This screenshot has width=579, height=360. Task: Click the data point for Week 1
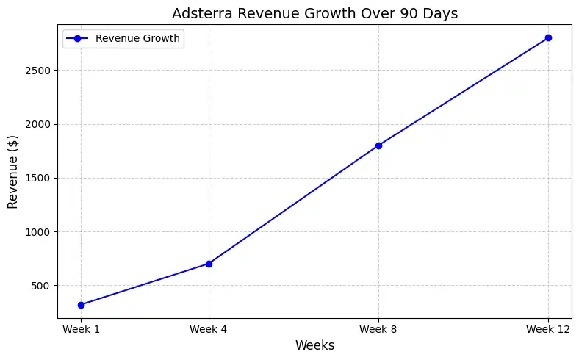[x=81, y=305]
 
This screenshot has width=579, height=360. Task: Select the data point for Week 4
[x=209, y=264]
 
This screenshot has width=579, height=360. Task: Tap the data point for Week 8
[x=378, y=145]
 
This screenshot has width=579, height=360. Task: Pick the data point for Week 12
[x=548, y=37]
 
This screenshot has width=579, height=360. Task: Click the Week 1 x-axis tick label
[x=81, y=329]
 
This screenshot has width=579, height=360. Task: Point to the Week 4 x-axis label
[x=209, y=329]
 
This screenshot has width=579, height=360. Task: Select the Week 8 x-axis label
[x=378, y=329]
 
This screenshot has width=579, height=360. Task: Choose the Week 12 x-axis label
[x=548, y=329]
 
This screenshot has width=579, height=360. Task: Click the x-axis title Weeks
[x=314, y=345]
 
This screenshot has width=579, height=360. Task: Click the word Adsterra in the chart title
[x=198, y=12]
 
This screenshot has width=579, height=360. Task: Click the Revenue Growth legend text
[x=137, y=39]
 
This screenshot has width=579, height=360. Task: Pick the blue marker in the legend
[x=77, y=39]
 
